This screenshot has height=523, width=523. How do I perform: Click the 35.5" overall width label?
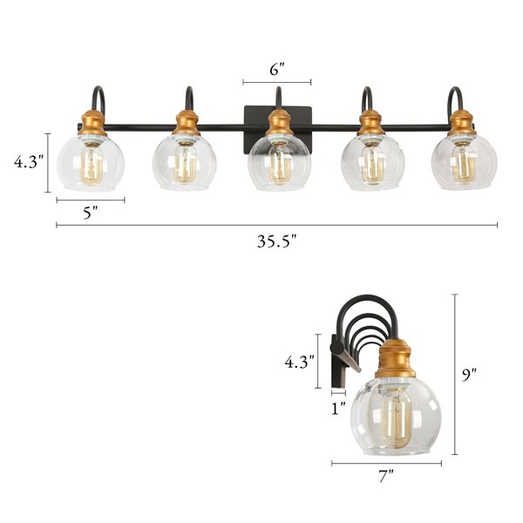pyautogui.click(x=277, y=241)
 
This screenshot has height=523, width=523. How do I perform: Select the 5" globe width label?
pyautogui.click(x=90, y=214)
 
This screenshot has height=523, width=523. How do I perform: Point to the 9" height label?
pyautogui.click(x=472, y=375)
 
